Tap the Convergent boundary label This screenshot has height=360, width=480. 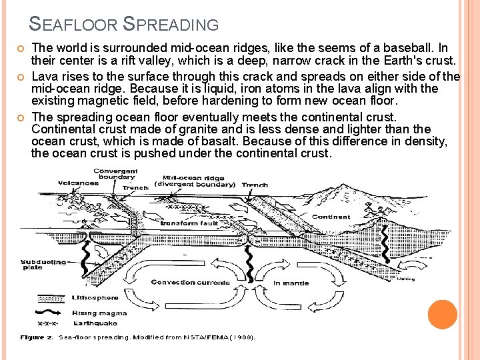pyautogui.click(x=115, y=175)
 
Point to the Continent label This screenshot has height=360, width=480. pyautogui.click(x=331, y=217)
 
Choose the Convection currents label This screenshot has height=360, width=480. pyautogui.click(x=190, y=282)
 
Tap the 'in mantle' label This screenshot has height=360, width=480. pyautogui.click(x=291, y=283)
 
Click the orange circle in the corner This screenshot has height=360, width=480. pyautogui.click(x=442, y=315)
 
